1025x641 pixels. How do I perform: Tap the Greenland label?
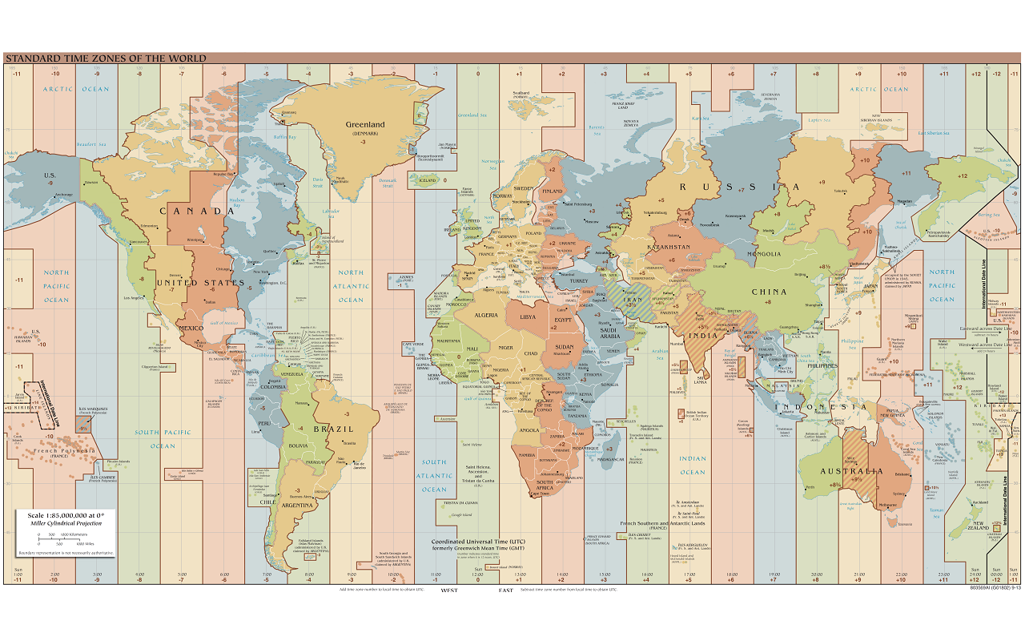pos(364,125)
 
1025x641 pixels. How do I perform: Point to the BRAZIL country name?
pos(335,429)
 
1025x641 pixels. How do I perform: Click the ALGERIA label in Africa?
pos(487,315)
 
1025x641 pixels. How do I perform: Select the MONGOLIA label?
pos(764,254)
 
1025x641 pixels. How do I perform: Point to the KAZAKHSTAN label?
pos(669,248)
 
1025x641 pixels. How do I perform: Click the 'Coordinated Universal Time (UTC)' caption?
pos(478,540)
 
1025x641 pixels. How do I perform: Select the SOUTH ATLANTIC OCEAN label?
pos(435,476)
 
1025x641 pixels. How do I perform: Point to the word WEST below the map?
pos(449,591)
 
